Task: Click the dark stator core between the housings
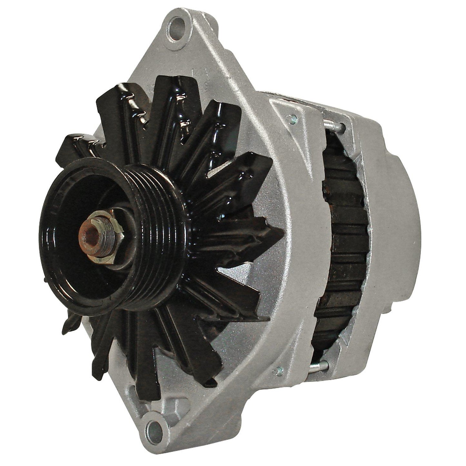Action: point(342,245)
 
